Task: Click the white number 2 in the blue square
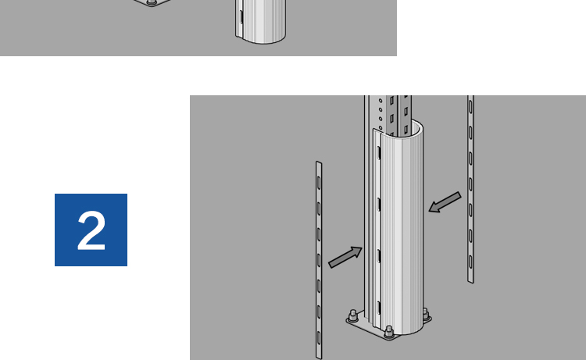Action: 91,230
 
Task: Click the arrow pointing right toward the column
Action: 345,257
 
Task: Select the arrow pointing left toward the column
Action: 445,202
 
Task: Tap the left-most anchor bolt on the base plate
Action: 353,316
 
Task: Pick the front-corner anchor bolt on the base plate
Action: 389,332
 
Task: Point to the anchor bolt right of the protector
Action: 426,315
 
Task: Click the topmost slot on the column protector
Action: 379,153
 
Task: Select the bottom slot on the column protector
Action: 379,308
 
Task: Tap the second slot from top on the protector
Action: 379,205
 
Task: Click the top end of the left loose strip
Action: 319,162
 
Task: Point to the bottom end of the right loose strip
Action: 471,282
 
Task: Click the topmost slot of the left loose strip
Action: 319,183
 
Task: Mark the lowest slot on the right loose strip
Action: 471,262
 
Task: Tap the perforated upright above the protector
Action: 388,112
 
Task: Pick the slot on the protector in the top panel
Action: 241,17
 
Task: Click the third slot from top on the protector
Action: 379,256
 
